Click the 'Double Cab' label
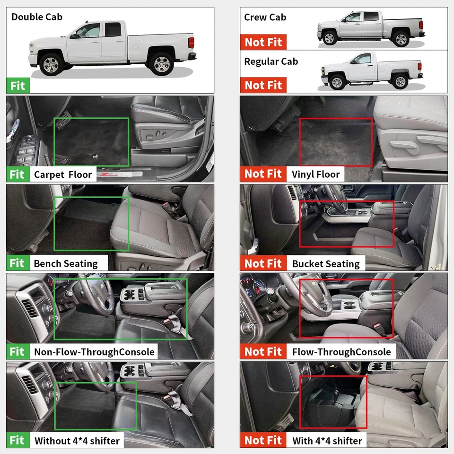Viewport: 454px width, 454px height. pos(37,17)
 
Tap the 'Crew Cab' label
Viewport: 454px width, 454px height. pos(265,17)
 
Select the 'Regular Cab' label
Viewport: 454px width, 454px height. pos(271,61)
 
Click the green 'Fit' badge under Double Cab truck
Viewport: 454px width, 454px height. pos(17,86)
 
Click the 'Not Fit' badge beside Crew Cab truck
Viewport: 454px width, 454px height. pos(263,42)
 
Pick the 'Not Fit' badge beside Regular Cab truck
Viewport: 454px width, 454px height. pos(263,85)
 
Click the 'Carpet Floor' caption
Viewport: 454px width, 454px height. pos(63,175)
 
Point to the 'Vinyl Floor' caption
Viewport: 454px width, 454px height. pos(315,175)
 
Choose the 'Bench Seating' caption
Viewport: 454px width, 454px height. pos(66,263)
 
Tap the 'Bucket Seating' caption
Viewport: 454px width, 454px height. pos(326,264)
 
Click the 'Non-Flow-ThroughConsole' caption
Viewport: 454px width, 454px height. pos(94,352)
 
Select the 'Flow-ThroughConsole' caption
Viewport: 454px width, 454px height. pos(341,352)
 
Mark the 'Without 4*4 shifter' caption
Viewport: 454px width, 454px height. pos(77,441)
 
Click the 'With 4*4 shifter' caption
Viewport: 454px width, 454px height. pos(327,441)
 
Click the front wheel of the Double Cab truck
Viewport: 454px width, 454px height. pos(50,64)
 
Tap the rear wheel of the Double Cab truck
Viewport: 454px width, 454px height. pos(161,63)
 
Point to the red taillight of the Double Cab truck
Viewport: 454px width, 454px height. pos(191,43)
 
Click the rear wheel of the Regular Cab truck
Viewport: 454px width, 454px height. pos(400,82)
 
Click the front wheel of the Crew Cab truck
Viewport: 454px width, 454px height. pos(329,38)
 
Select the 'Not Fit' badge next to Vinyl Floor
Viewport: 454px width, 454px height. pos(263,174)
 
